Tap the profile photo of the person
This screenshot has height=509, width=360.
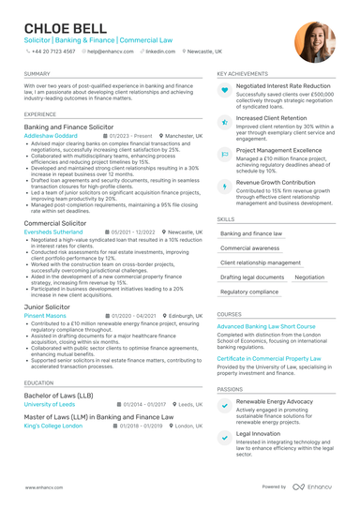314,41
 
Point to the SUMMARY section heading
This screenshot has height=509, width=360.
37,73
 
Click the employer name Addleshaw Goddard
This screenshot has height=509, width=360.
51,135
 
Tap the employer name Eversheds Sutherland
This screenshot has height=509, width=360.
55,232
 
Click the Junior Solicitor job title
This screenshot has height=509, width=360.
49,307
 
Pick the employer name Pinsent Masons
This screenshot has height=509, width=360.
45,316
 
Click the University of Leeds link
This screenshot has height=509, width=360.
50,404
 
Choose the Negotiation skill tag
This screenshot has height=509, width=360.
309,277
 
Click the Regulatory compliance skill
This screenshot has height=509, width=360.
249,292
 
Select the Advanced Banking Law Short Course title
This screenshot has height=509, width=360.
266,326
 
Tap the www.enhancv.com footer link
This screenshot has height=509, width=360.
43,487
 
